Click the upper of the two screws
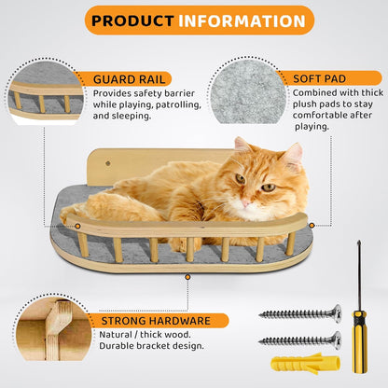[298, 314]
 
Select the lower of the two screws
[298, 339]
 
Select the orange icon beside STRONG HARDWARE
[84, 321]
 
